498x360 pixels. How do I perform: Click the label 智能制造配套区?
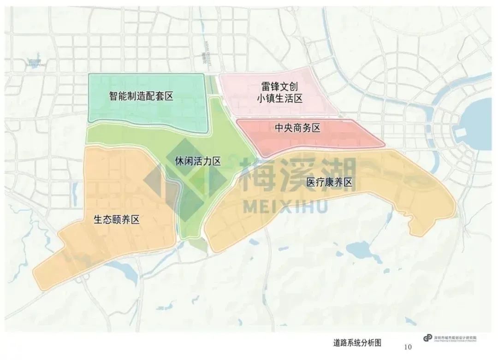[141, 96]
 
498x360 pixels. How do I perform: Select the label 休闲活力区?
[197, 161]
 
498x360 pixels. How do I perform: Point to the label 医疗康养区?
[329, 183]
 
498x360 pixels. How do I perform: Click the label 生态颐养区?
[116, 220]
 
